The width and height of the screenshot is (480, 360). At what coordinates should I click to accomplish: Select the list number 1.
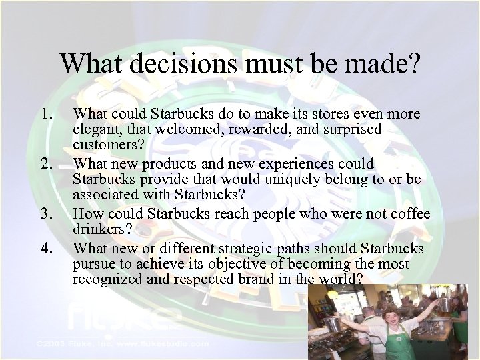(47, 114)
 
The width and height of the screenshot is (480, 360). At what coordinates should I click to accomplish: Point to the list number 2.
(47, 164)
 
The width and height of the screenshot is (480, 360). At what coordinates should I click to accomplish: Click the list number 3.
(47, 214)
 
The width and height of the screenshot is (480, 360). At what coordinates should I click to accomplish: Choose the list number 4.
(47, 248)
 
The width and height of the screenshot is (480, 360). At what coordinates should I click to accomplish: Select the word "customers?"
(106, 146)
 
